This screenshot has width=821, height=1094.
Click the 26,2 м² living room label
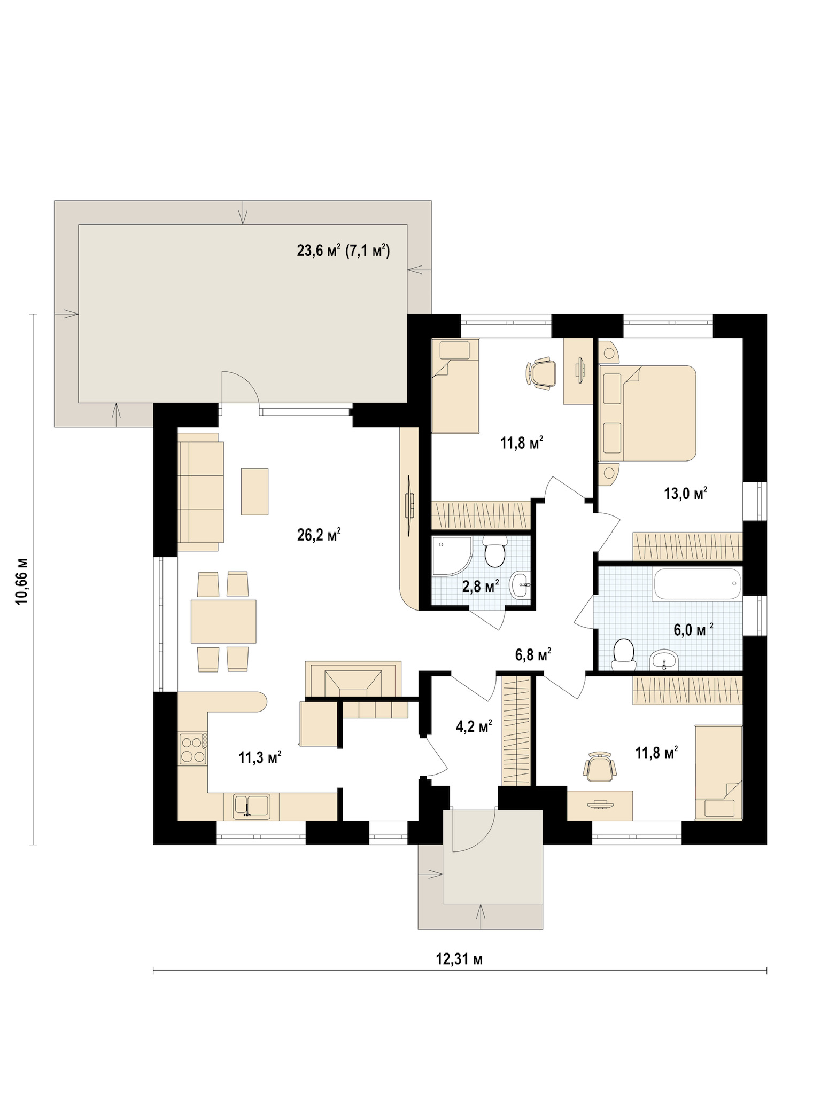(x=319, y=535)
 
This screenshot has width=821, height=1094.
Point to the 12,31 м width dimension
(x=460, y=959)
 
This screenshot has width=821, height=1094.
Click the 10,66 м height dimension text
(x=22, y=581)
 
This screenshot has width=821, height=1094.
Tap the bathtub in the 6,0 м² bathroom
(x=696, y=584)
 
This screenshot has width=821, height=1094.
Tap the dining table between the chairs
(x=223, y=621)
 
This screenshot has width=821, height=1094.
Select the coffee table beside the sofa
(x=254, y=491)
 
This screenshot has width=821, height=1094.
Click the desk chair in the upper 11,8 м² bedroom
(x=541, y=372)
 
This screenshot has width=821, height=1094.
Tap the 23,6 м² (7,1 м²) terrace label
(x=343, y=250)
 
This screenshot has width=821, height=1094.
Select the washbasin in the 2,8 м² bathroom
(x=520, y=585)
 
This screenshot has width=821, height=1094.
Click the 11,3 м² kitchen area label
(x=260, y=757)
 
